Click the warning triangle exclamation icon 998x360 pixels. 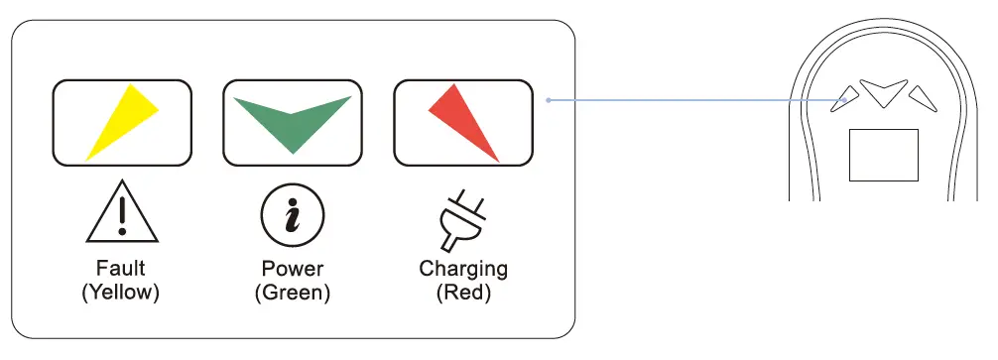(121, 212)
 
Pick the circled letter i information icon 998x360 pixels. (292, 214)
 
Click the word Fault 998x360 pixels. (121, 268)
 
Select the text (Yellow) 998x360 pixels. (121, 293)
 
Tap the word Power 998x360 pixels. (292, 269)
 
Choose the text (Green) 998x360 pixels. (292, 293)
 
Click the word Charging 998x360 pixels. (463, 269)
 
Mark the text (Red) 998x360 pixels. (463, 293)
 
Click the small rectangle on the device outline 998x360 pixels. (883, 155)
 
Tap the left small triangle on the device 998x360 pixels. (845, 96)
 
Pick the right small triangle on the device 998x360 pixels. (922, 96)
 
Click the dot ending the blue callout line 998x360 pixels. (549, 99)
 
